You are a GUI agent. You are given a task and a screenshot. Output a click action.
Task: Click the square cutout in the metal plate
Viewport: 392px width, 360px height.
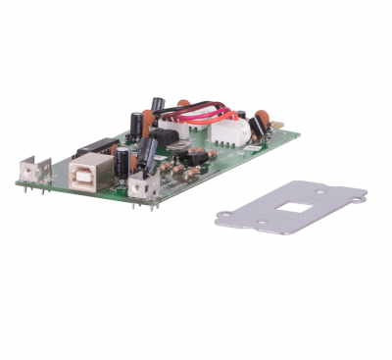291,207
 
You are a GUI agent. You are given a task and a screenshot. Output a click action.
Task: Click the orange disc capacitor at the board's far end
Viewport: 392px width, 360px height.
262,117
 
